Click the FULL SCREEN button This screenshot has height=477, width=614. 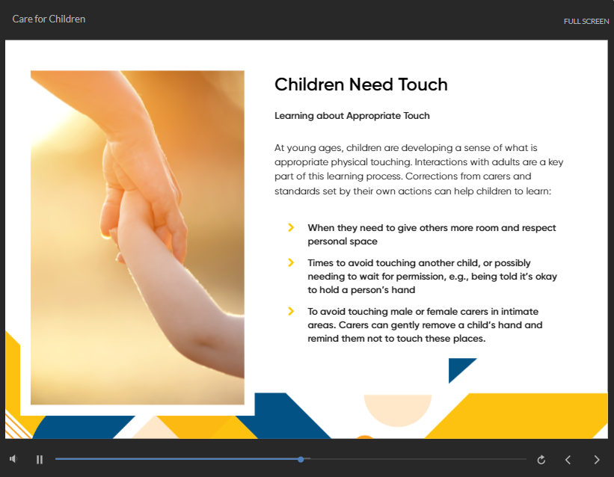pos(586,22)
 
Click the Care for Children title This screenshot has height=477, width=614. pos(49,19)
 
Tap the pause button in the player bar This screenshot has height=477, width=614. pos(40,459)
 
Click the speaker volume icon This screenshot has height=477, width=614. pos(13,458)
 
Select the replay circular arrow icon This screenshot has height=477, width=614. pos(541,460)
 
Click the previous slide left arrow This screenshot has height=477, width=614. pos(568,460)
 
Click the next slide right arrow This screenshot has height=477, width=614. pos(596,460)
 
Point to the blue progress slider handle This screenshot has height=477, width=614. pos(301,459)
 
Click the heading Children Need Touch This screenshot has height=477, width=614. pos(360,84)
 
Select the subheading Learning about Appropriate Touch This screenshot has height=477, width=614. pos(352,116)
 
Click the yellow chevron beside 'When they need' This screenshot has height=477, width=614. pos(291,227)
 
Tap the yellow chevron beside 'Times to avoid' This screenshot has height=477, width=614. pos(291,262)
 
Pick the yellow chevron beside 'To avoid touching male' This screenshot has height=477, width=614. pos(291,311)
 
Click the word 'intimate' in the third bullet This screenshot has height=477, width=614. pos(520,311)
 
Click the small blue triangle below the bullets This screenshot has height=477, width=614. pos(458,367)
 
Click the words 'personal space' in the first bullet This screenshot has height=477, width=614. pos(343,241)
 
